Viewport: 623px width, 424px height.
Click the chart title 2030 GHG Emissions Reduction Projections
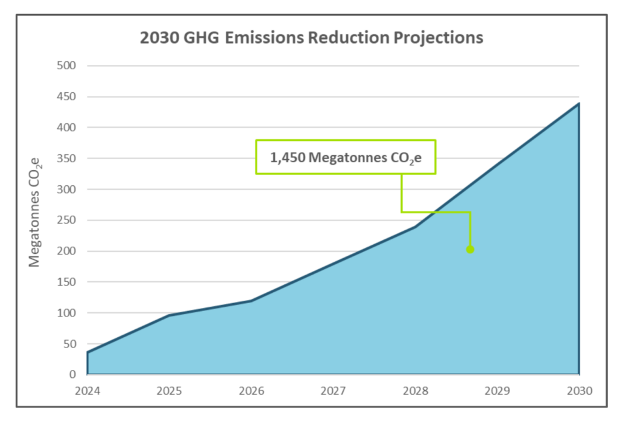click(311, 38)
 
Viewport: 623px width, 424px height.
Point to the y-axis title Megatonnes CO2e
click(35, 212)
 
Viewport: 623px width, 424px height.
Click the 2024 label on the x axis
click(87, 390)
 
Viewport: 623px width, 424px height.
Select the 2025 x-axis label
click(169, 390)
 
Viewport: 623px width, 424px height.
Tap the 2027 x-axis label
click(333, 390)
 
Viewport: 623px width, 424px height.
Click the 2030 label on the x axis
click(579, 390)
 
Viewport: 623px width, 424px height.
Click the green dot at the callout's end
click(470, 249)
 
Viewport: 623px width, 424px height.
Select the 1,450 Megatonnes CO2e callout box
click(346, 157)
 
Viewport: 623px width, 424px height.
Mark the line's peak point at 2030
click(579, 103)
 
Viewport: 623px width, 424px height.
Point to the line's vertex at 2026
click(251, 301)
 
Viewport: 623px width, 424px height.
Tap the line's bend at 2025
click(169, 315)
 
